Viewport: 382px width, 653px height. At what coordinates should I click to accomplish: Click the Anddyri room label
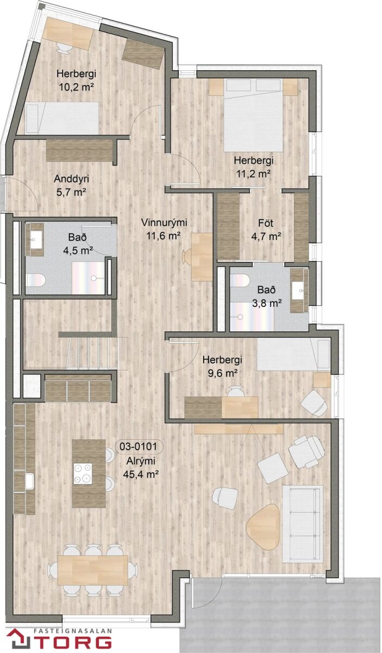71,178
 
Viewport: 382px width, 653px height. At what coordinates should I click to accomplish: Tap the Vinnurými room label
164,223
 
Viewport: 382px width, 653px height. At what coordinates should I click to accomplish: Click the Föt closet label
266,223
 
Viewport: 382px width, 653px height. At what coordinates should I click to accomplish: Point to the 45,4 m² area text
141,475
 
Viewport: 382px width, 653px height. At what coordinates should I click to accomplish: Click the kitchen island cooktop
83,474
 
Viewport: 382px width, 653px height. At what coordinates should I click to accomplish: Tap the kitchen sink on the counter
29,480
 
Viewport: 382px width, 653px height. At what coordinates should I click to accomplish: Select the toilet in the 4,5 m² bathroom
35,280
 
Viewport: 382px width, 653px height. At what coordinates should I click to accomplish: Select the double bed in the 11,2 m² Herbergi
253,115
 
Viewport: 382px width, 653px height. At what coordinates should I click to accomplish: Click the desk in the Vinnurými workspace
202,257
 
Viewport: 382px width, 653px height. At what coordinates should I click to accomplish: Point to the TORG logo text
67,642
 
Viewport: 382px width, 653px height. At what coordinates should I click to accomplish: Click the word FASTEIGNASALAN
73,628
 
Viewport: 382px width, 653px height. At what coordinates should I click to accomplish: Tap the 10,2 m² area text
76,87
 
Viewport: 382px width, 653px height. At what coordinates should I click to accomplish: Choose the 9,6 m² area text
222,373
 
